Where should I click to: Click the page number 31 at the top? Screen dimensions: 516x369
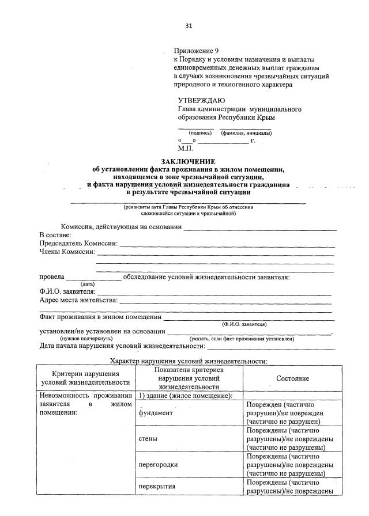click(189, 26)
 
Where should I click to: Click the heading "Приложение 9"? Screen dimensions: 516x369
click(196, 51)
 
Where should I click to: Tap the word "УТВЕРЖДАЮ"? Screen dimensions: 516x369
click(201, 100)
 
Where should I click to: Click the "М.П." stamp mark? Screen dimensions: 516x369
click(186, 148)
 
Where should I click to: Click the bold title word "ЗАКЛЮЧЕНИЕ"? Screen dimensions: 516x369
click(188, 161)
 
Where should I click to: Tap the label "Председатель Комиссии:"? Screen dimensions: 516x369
click(78, 244)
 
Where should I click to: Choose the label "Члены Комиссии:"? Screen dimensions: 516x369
click(67, 252)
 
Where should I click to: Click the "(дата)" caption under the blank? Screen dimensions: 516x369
click(88, 284)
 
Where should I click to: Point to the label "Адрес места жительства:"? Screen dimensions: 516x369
click(78, 300)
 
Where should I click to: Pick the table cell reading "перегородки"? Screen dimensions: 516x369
click(158, 464)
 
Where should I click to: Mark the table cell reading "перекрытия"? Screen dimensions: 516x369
click(157, 487)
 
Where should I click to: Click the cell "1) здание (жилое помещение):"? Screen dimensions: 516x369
click(184, 396)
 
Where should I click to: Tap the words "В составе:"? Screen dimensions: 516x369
click(55, 236)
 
